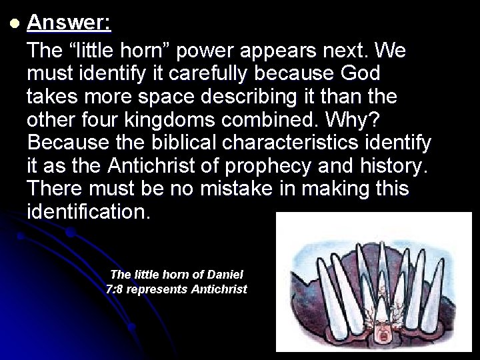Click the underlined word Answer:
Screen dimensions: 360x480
click(69, 24)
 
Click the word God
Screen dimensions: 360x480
click(359, 74)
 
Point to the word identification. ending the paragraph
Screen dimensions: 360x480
click(89, 213)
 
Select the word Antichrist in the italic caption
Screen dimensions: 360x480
click(219, 289)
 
